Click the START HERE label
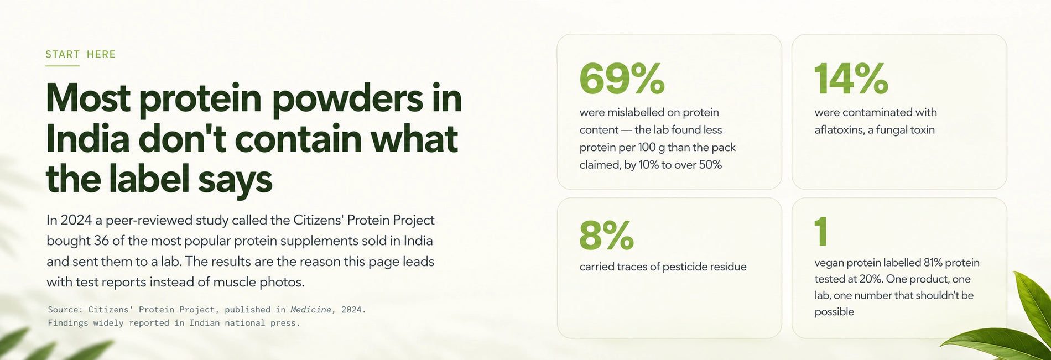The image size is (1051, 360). tap(81, 54)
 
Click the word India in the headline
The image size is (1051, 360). tap(87, 139)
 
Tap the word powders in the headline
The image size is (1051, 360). tap(348, 99)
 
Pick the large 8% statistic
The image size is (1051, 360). tap(606, 235)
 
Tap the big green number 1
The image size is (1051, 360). tap(821, 231)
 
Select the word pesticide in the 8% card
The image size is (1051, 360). tap(686, 267)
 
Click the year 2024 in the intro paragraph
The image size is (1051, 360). tap(76, 220)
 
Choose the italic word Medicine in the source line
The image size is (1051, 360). tap(310, 310)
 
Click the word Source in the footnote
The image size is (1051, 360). tap(63, 310)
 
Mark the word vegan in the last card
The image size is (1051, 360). tap(829, 263)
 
